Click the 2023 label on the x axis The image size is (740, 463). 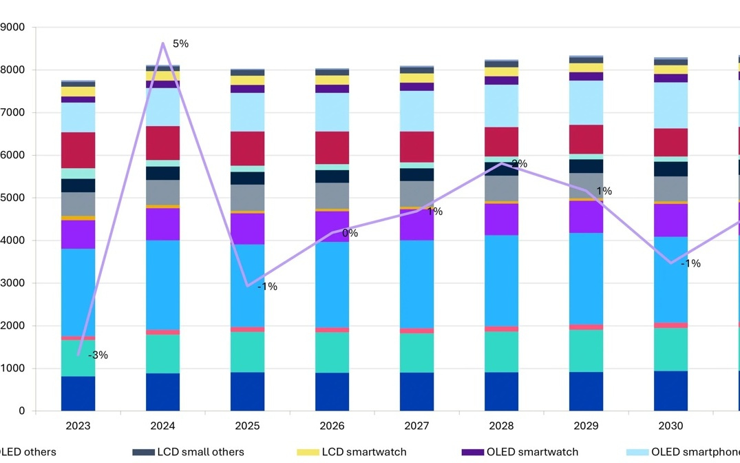(78, 426)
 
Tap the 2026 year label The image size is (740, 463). (332, 426)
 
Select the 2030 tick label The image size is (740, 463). (670, 426)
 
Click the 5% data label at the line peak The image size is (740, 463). (180, 44)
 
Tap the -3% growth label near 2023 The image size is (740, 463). (98, 356)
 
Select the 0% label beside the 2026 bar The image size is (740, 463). (350, 234)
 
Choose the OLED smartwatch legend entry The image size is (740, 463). (531, 452)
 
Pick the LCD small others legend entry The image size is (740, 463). (200, 452)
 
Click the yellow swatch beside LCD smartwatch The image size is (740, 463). (307, 452)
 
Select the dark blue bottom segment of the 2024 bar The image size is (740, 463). (162, 392)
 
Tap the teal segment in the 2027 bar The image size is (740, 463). (416, 353)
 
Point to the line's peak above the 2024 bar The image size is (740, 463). (162, 43)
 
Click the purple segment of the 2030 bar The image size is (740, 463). (670, 220)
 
